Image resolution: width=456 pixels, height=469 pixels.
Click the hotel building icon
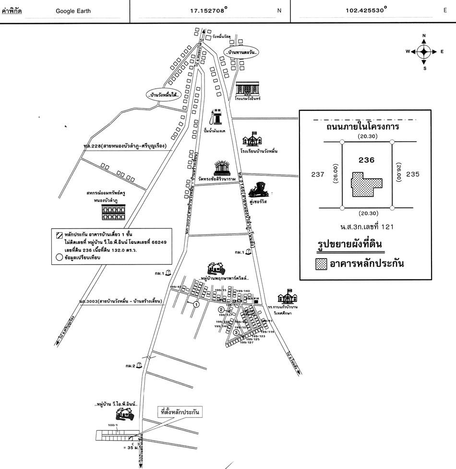[x=248, y=88]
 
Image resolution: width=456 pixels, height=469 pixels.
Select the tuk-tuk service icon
[x=262, y=190]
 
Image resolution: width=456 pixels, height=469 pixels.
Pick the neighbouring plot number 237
[x=318, y=174]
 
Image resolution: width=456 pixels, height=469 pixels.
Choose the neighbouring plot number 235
[x=413, y=174]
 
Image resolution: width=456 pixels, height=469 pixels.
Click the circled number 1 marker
[x=196, y=304]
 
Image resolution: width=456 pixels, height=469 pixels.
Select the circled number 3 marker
[x=236, y=332]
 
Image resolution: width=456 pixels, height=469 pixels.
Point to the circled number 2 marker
[x=221, y=310]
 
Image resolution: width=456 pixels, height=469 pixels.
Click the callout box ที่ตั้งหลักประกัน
[x=180, y=411]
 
